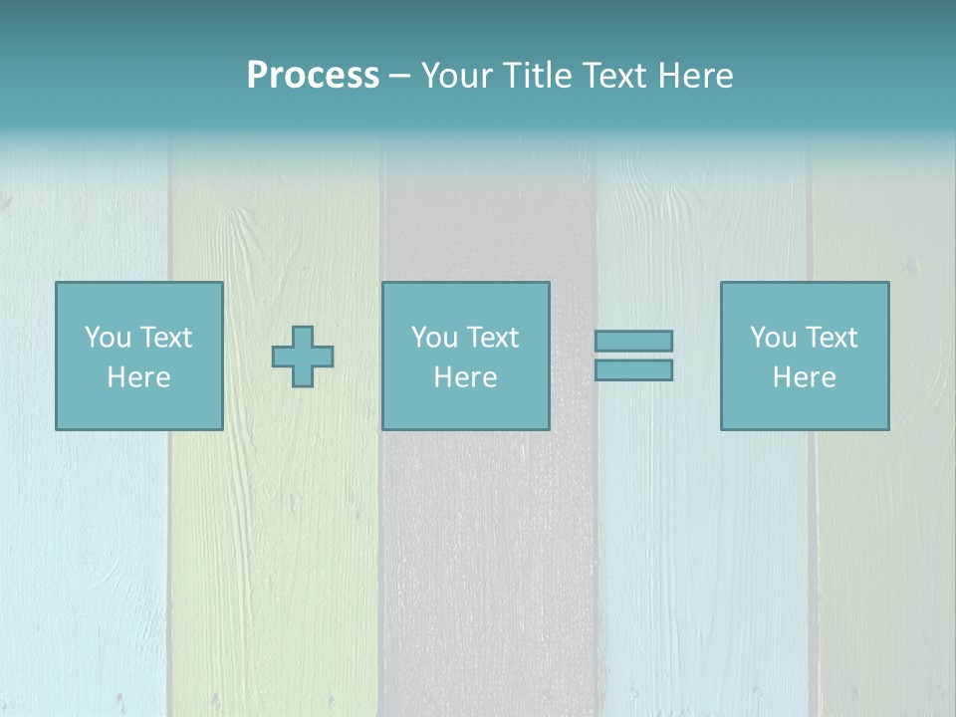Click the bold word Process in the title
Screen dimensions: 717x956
pos(313,76)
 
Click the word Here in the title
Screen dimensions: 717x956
pos(697,76)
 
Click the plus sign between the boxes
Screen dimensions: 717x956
pos(303,357)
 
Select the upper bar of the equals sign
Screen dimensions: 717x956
pos(633,341)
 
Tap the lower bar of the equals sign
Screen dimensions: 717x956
pos(633,369)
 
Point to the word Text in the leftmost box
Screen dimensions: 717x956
pos(165,338)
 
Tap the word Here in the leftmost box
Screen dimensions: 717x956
pos(138,377)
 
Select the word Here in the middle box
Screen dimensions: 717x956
pos(465,377)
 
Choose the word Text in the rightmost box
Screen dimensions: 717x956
pos(831,338)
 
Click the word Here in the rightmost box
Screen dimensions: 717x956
pos(804,377)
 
